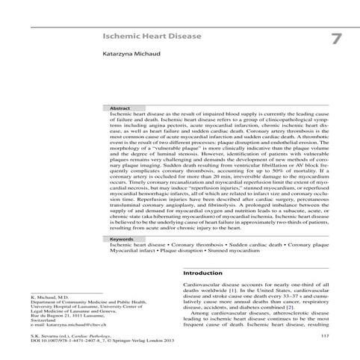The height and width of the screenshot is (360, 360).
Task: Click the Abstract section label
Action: (120, 108)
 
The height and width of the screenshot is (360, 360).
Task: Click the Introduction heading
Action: (204, 273)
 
